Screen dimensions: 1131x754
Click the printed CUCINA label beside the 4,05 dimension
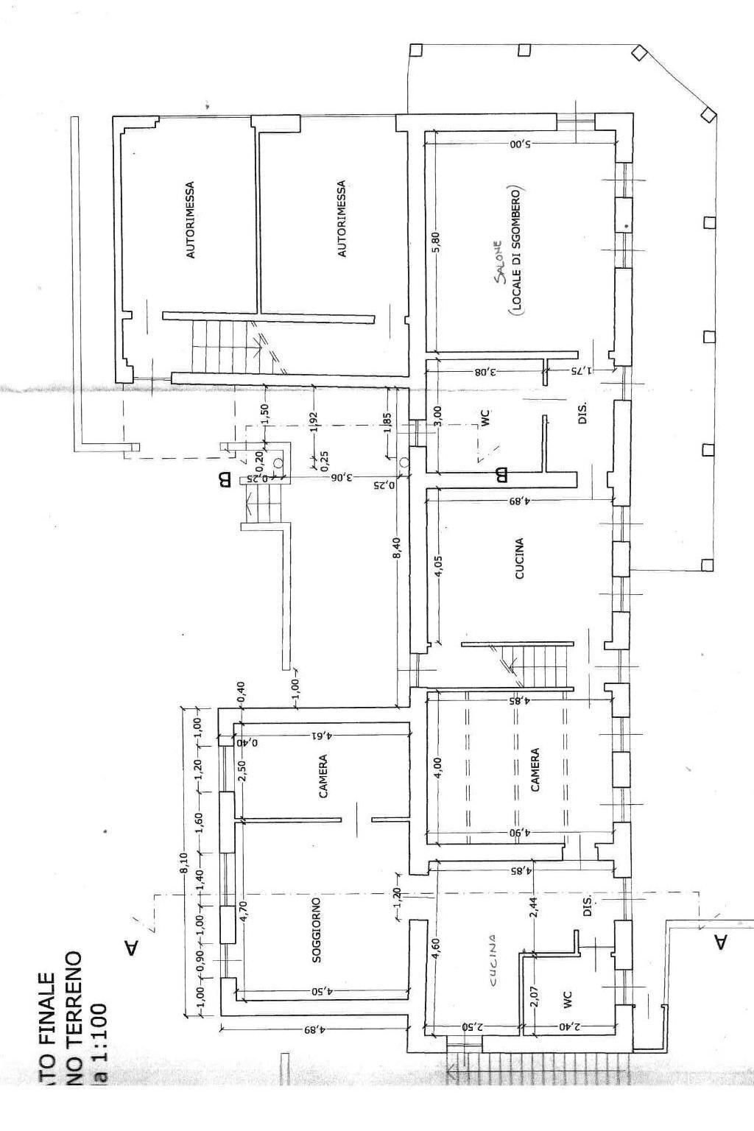(x=520, y=559)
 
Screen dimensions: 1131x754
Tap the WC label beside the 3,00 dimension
(x=485, y=417)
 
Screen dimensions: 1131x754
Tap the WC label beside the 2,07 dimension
(x=568, y=1000)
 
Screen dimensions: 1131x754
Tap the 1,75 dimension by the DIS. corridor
(x=579, y=371)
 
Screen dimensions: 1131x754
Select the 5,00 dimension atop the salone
(x=521, y=144)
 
